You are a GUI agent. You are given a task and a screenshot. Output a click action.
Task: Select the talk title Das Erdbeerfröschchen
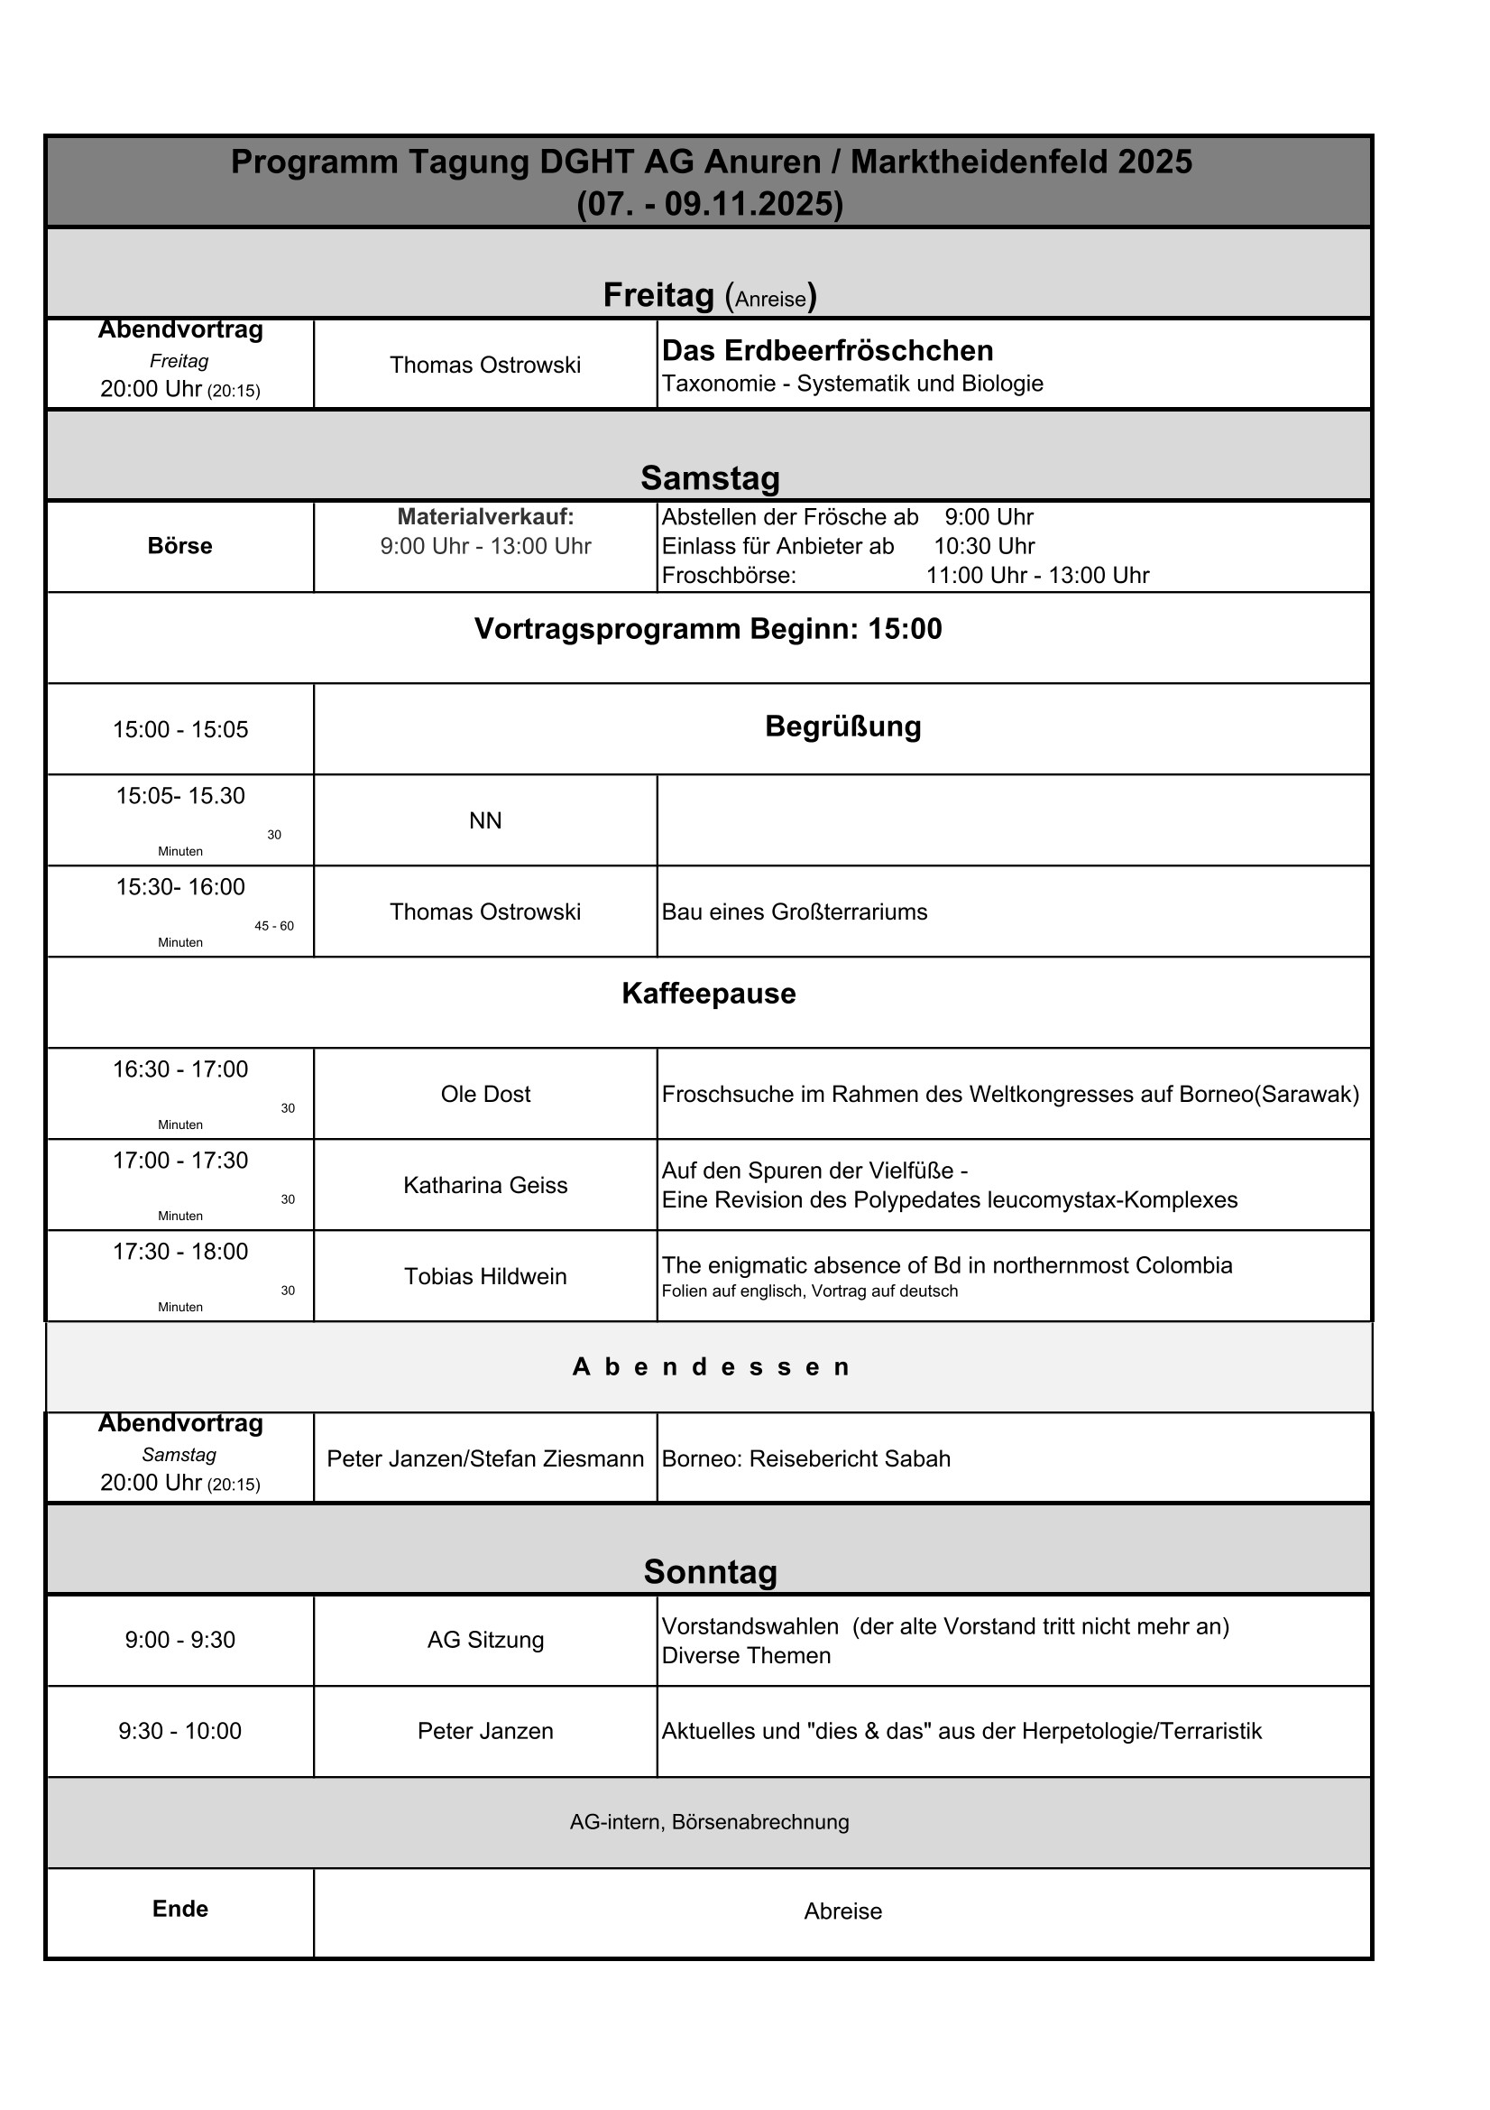pyautogui.click(x=827, y=350)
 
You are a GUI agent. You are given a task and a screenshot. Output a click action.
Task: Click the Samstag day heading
pyautogui.click(x=709, y=478)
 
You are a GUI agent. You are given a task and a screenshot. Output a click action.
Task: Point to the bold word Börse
pyautogui.click(x=180, y=546)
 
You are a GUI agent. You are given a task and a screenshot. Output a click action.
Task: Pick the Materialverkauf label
pyautogui.click(x=485, y=517)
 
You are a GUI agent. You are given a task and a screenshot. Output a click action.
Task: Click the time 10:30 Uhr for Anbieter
pyautogui.click(x=984, y=546)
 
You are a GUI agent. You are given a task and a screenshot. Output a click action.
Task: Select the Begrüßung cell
pyautogui.click(x=842, y=726)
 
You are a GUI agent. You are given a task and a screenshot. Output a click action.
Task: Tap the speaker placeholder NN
pyautogui.click(x=485, y=820)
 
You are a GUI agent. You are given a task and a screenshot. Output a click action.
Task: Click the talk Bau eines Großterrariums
pyautogui.click(x=794, y=912)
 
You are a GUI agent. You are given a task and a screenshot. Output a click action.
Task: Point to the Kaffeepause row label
pyautogui.click(x=708, y=994)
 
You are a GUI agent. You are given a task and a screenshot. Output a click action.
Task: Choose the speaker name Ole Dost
pyautogui.click(x=485, y=1094)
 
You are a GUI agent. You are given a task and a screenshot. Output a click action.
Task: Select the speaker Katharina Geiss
pyautogui.click(x=485, y=1185)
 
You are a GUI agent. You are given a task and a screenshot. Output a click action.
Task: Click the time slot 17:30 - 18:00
pyautogui.click(x=180, y=1251)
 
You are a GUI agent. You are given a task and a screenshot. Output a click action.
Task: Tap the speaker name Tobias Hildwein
pyautogui.click(x=485, y=1275)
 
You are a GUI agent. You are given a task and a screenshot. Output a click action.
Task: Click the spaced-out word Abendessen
pyautogui.click(x=710, y=1366)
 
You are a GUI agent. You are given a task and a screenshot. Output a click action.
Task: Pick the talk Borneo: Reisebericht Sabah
pyautogui.click(x=805, y=1458)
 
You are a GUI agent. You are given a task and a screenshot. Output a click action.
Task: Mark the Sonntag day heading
pyautogui.click(x=709, y=1571)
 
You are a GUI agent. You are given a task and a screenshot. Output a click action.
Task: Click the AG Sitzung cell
pyautogui.click(x=485, y=1640)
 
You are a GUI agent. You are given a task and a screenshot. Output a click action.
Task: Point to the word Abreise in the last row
pyautogui.click(x=842, y=1911)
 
